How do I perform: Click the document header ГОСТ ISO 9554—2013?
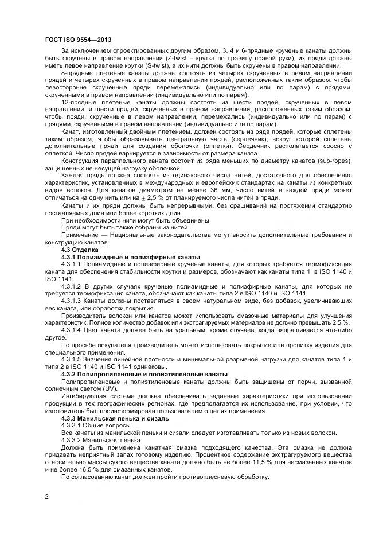pyautogui.click(x=77, y=39)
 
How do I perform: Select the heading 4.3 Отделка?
pyautogui.click(x=80, y=250)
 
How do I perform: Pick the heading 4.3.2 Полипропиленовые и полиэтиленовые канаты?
pyautogui.click(x=144, y=374)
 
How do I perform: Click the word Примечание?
pyautogui.click(x=78, y=236)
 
